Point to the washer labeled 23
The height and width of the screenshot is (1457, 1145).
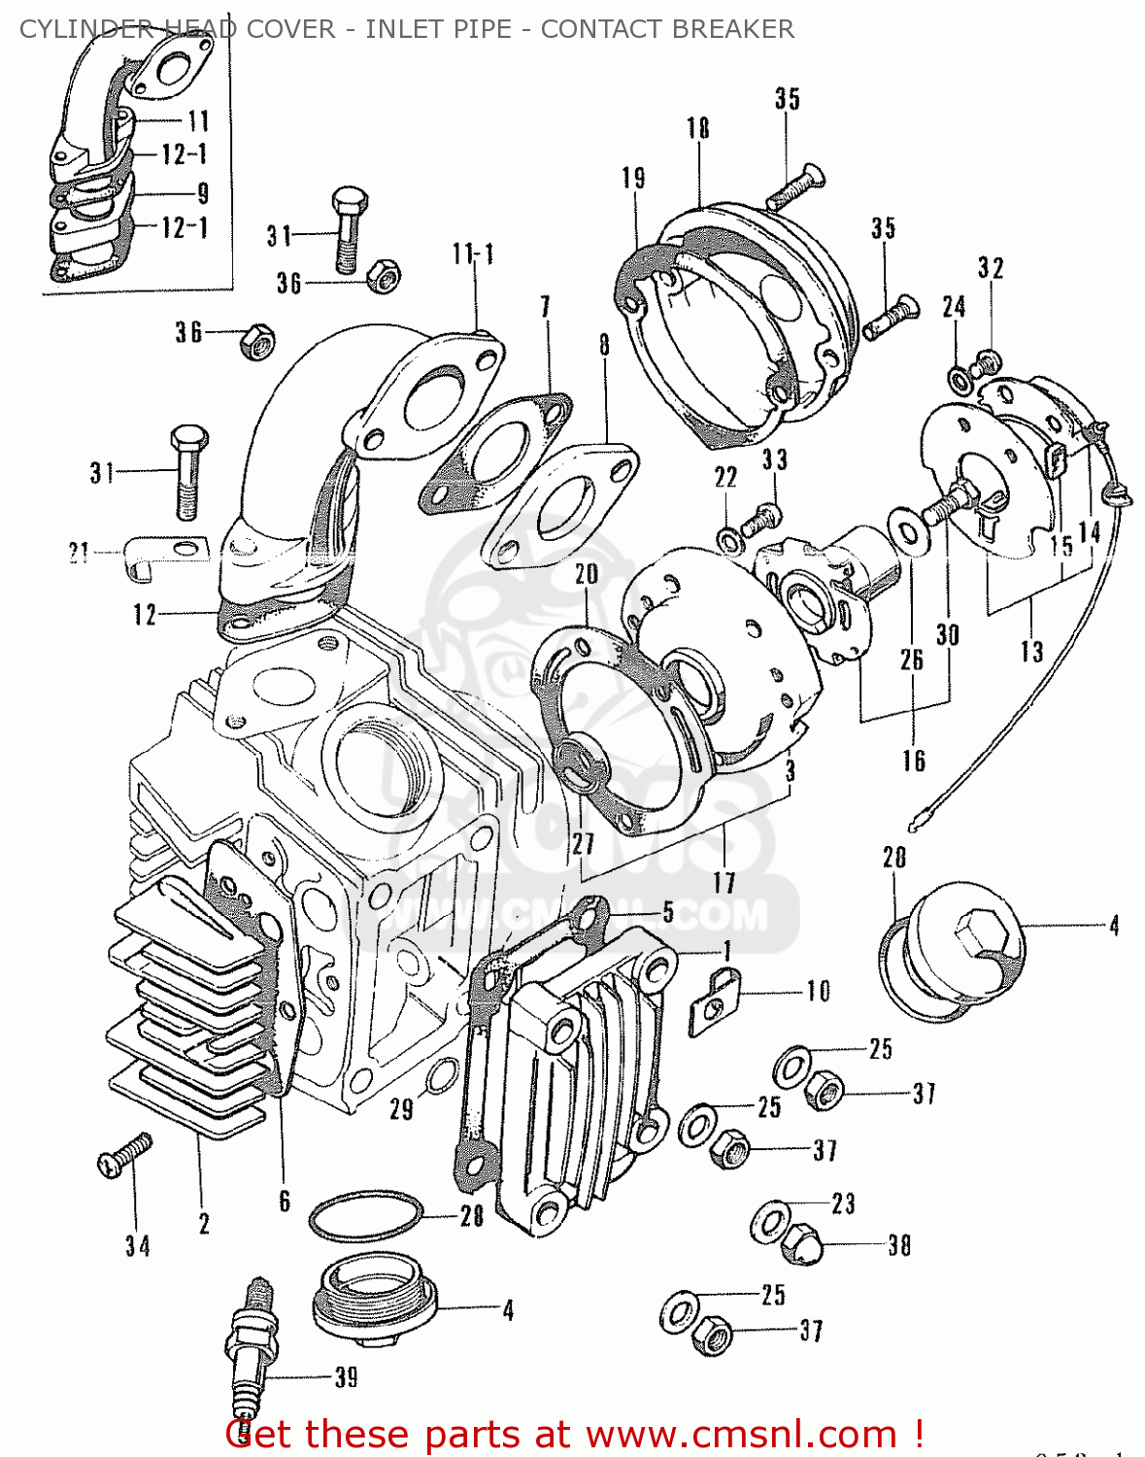(770, 1220)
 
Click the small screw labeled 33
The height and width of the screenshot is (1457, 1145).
(760, 519)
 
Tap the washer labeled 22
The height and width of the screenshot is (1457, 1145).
(728, 539)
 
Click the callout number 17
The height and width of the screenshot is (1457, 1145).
(724, 882)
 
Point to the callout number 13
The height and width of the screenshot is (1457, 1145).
(1031, 650)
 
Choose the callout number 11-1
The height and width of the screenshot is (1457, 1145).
(473, 254)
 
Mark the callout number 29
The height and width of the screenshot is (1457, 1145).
(401, 1108)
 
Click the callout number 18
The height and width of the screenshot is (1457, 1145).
(697, 128)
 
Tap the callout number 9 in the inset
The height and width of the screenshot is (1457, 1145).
(202, 192)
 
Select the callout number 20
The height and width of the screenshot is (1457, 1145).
(586, 574)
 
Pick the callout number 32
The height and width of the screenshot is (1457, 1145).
(991, 268)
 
